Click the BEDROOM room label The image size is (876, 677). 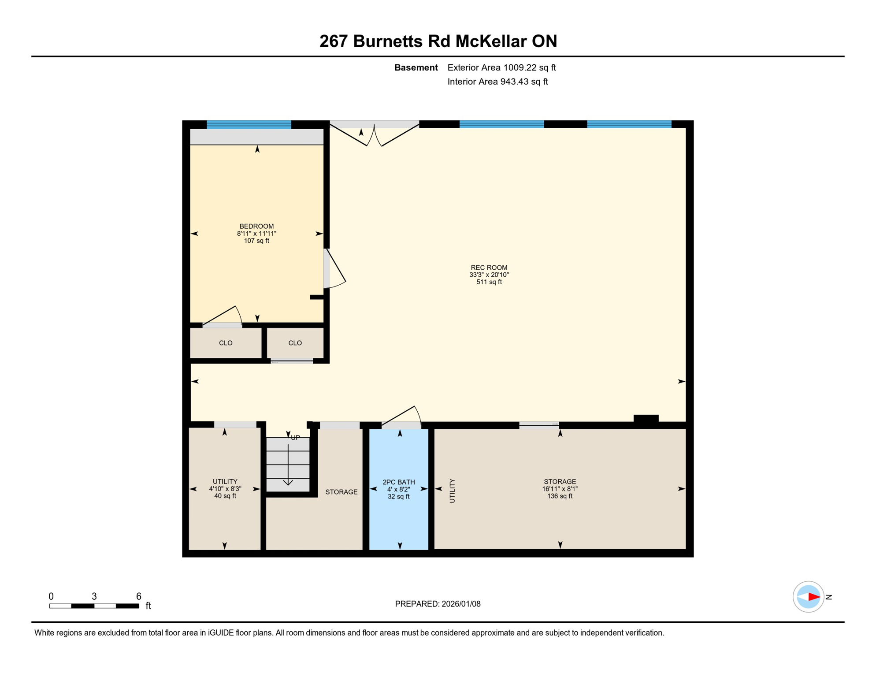point(256,227)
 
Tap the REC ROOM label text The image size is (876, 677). point(489,268)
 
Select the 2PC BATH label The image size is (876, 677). point(398,482)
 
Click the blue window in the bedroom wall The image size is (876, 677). point(249,124)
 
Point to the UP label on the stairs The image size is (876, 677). point(295,438)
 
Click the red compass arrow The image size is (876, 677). point(813,597)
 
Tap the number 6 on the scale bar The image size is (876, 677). point(138,596)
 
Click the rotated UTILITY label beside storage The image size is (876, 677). point(452,491)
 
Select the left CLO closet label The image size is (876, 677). point(226,343)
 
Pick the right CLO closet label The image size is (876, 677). point(295,343)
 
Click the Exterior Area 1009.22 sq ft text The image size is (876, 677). point(501,67)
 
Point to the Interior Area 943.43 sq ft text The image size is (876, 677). point(497,82)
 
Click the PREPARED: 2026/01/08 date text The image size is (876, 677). point(438,604)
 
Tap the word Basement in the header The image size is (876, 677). point(416,67)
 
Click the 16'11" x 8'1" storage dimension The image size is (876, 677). point(560,489)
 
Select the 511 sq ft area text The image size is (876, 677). point(489,282)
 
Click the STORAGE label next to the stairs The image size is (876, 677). point(341,492)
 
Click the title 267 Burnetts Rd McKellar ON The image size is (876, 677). point(438,41)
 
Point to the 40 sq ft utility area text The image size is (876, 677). point(225,496)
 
